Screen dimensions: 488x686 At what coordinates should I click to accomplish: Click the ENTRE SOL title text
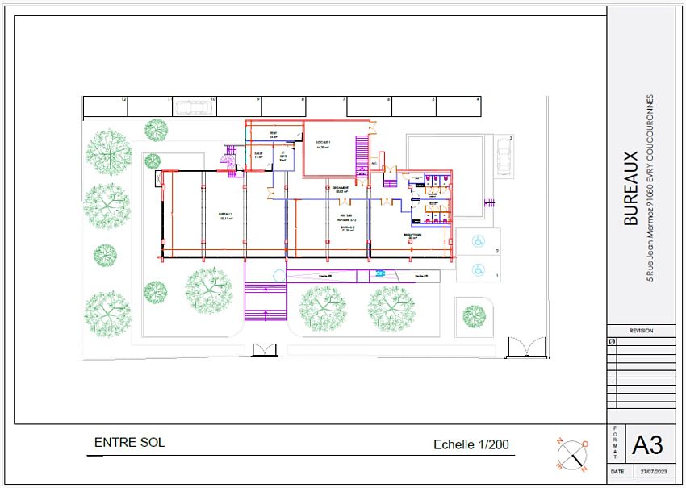coord(129,443)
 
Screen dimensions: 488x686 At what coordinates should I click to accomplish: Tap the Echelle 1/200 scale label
coord(471,444)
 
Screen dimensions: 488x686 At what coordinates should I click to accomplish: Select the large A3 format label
coord(647,444)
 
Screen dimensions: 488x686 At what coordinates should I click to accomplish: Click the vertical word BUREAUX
coord(632,188)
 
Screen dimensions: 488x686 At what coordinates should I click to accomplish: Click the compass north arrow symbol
coord(572,453)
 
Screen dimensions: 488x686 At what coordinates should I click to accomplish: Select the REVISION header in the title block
coord(641,331)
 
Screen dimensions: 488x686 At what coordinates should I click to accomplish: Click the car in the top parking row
coord(192,107)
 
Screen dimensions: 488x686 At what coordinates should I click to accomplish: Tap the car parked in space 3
coord(504,160)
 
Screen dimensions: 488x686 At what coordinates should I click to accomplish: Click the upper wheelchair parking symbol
coord(477,240)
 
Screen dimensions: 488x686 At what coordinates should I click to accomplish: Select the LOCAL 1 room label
coord(324,144)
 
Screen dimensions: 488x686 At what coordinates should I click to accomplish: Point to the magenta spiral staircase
coord(228,161)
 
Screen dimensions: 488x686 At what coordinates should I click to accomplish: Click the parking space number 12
coord(124,99)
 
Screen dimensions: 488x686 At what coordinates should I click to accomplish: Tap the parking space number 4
coord(479,99)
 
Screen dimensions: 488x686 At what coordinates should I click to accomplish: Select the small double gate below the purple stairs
coord(264,349)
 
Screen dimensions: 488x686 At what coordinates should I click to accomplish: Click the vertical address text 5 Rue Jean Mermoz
coord(650,188)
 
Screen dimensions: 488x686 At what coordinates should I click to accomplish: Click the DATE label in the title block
coord(617,471)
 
